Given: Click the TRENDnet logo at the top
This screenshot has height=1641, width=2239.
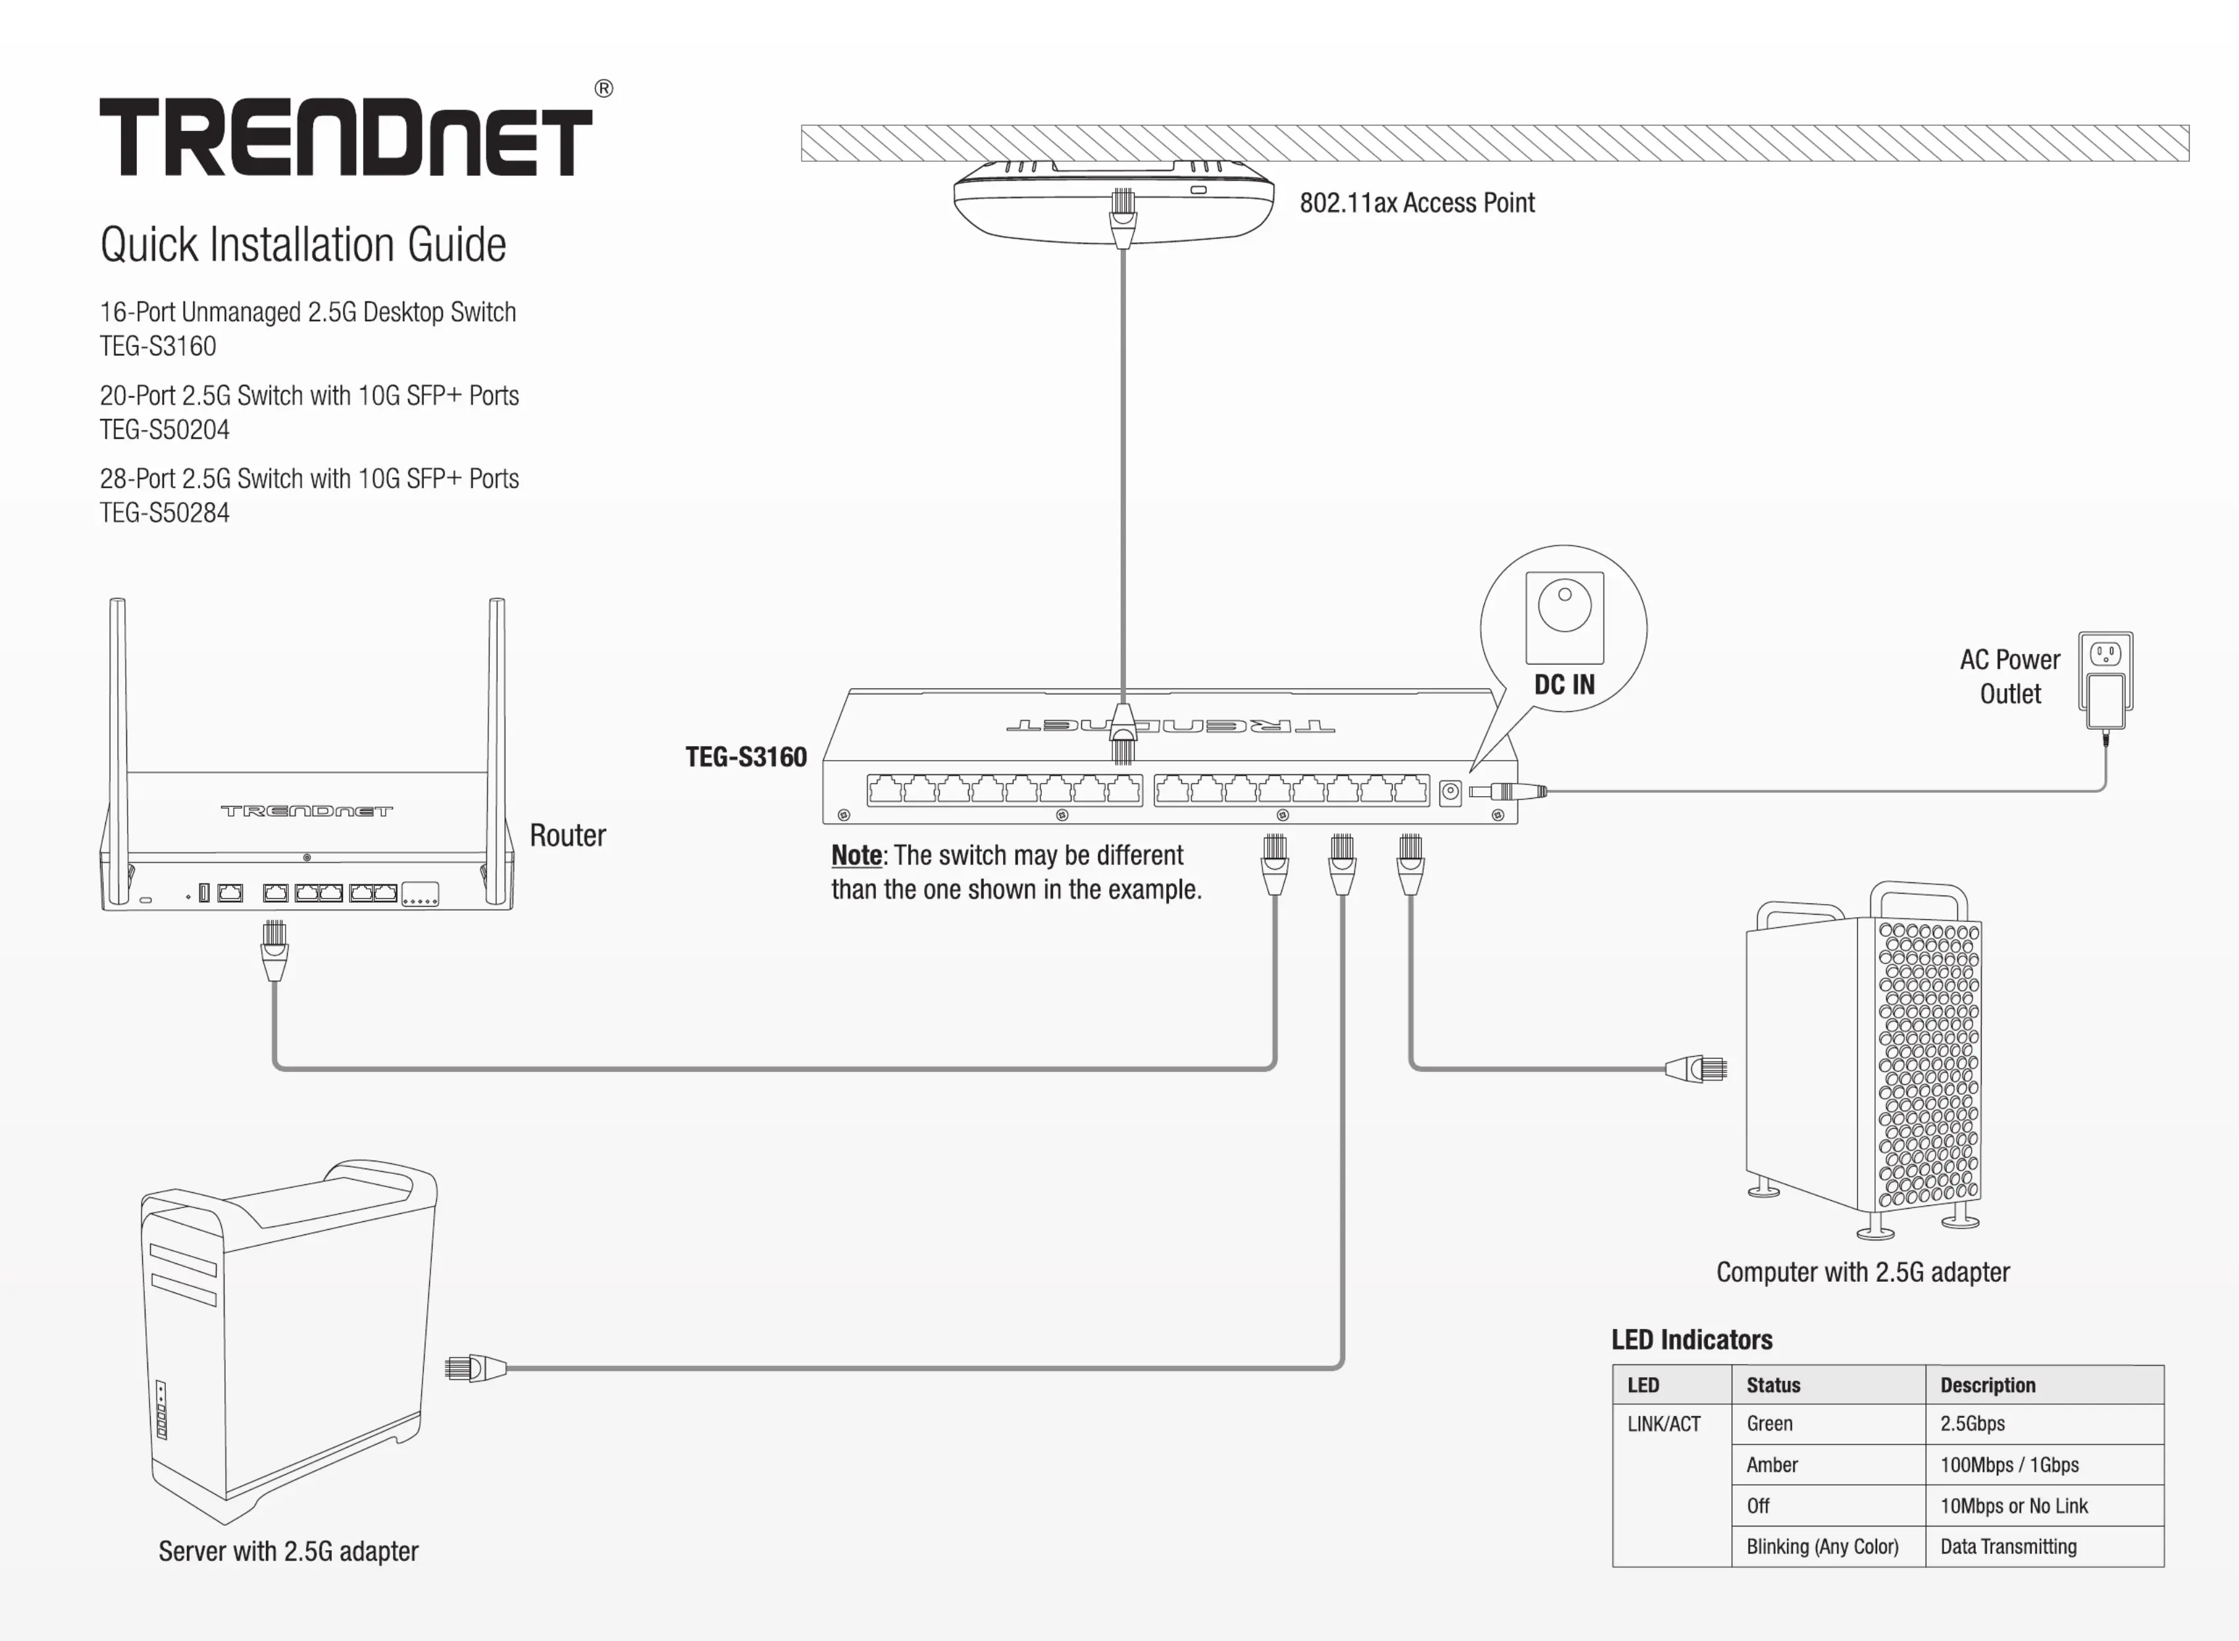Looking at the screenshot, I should tap(346, 137).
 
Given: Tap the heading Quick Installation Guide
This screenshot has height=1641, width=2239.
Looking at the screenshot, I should tap(303, 244).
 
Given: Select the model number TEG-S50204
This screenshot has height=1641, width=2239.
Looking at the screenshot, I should tap(165, 430).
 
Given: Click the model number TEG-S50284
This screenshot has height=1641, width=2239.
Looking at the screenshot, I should tap(165, 514).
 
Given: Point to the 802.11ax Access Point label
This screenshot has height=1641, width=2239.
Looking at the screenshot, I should tap(1416, 203).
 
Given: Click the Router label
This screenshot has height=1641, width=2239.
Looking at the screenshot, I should tap(567, 836).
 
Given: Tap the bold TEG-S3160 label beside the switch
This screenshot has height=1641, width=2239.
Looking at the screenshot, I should tap(746, 757).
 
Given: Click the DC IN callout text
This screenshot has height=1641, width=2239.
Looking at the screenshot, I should tap(1564, 684).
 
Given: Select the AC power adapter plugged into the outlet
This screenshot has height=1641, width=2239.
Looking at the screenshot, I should tap(2105, 700).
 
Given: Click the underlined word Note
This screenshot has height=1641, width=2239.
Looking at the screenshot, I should tap(856, 855).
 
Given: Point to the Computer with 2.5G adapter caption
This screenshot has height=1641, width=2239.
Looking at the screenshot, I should tap(1863, 1273).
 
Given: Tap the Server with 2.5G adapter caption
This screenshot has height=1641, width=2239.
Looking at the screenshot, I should tap(288, 1552).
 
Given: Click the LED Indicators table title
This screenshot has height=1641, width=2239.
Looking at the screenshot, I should tap(1691, 1340).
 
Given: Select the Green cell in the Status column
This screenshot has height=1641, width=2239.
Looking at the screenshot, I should tap(1770, 1423).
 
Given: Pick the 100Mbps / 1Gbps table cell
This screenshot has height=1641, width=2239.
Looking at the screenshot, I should tap(2009, 1465).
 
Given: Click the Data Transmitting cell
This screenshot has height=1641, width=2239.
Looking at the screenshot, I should tap(2009, 1547).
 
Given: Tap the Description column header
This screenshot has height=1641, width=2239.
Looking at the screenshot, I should tap(1988, 1385).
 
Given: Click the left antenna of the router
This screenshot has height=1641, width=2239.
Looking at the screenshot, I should tap(118, 735).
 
